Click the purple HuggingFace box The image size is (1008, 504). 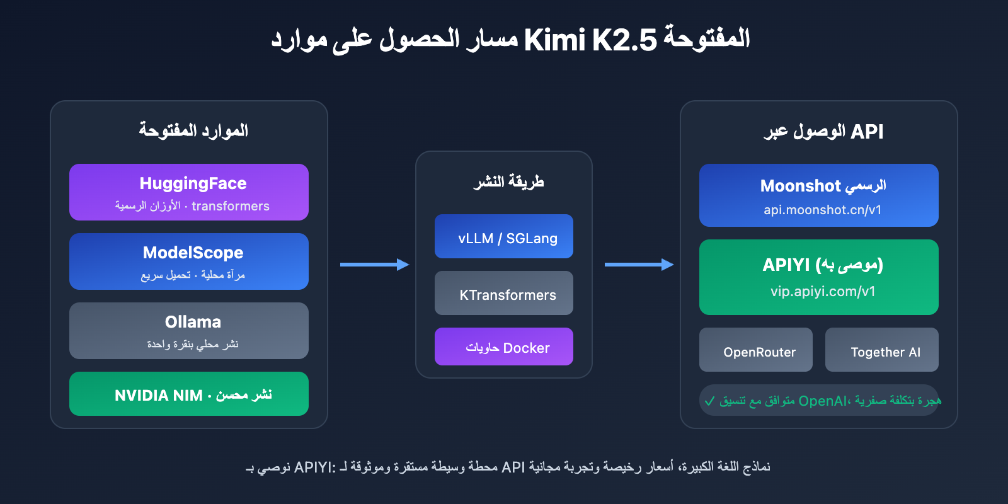click(189, 192)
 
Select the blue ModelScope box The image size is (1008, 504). click(189, 261)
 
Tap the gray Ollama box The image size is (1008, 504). click(189, 331)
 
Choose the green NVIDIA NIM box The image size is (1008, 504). click(189, 394)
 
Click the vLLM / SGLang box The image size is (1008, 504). click(504, 236)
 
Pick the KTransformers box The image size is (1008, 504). click(504, 293)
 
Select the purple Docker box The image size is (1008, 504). click(504, 346)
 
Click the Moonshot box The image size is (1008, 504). click(819, 195)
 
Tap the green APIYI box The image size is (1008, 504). click(819, 277)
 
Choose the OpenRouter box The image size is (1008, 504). click(756, 350)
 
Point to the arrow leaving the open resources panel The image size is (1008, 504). click(374, 265)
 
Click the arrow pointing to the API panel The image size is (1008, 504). click(639, 265)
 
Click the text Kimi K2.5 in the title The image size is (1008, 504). click(590, 40)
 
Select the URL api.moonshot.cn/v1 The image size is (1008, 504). click(822, 210)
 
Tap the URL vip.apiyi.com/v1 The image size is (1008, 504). click(823, 292)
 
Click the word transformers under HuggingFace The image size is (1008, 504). click(231, 206)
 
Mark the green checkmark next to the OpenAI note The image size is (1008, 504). click(710, 401)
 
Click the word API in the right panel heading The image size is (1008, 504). click(867, 132)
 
